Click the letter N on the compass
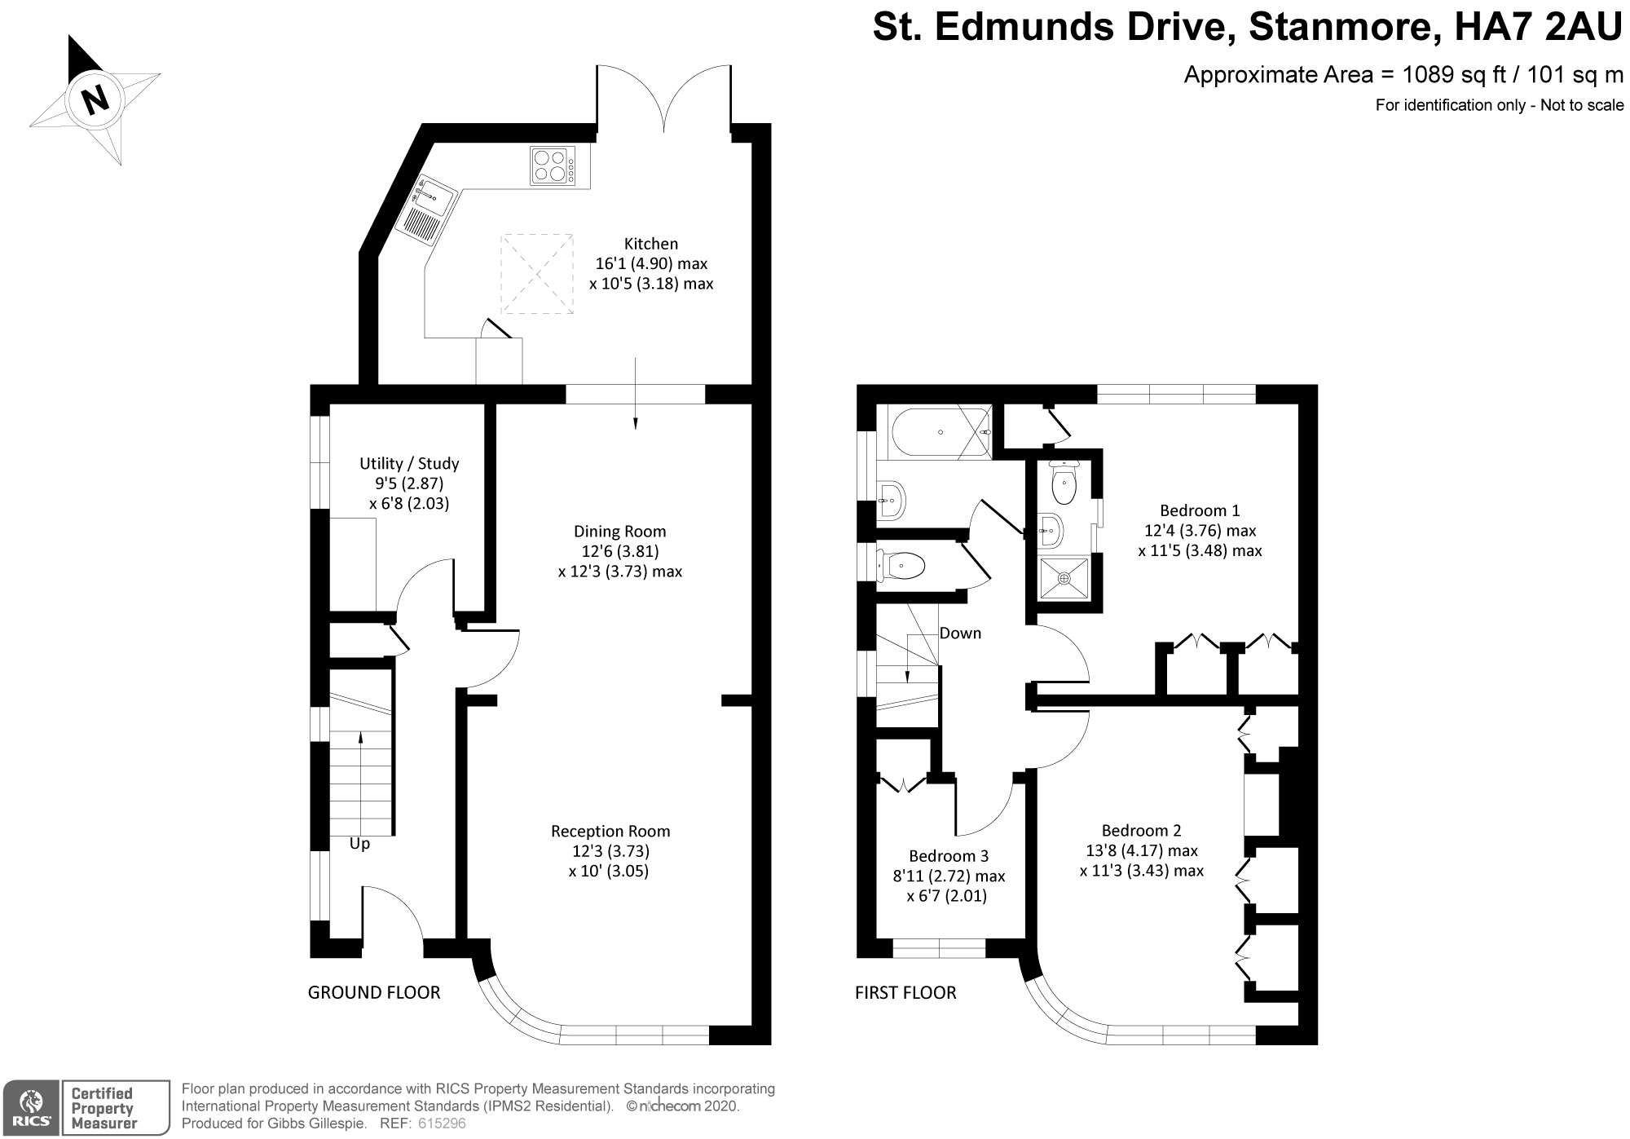[x=95, y=99]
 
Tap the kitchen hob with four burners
[x=552, y=166]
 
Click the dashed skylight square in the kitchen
[x=536, y=273]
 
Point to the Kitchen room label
[x=650, y=244]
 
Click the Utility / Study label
[x=409, y=464]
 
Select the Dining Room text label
[x=619, y=532]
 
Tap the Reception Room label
[x=610, y=832]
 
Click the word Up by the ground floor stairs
[x=359, y=845]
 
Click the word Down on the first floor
[x=960, y=634]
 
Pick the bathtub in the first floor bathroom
[x=940, y=433]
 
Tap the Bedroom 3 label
[x=949, y=856]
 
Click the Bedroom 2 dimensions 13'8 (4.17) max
[x=1141, y=851]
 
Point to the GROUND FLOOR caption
[x=374, y=993]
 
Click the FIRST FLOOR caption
[x=905, y=993]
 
